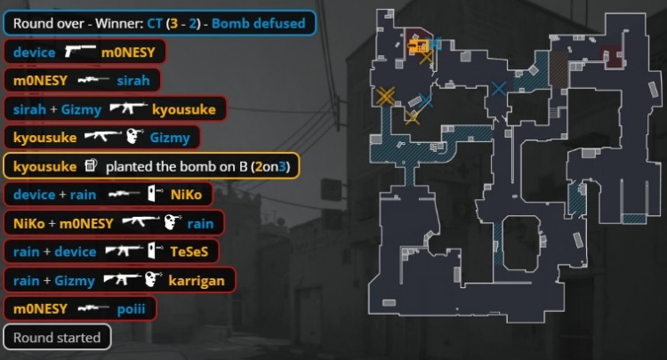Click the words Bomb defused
(x=258, y=23)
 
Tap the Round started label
(x=57, y=338)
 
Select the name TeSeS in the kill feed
(x=189, y=252)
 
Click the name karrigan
(x=197, y=281)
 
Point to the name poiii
(x=131, y=309)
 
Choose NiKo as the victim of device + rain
(x=186, y=195)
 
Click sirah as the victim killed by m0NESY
(x=133, y=80)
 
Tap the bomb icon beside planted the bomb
(x=91, y=165)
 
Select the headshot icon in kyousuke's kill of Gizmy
(x=135, y=136)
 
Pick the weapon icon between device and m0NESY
(x=80, y=51)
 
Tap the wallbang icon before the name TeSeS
(x=155, y=251)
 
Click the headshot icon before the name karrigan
(x=153, y=279)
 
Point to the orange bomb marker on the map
(x=418, y=46)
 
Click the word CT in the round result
(x=155, y=23)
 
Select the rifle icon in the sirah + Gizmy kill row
(x=128, y=108)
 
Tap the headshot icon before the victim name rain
(x=173, y=222)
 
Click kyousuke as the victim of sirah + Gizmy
(x=184, y=109)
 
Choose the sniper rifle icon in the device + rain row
(x=125, y=195)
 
